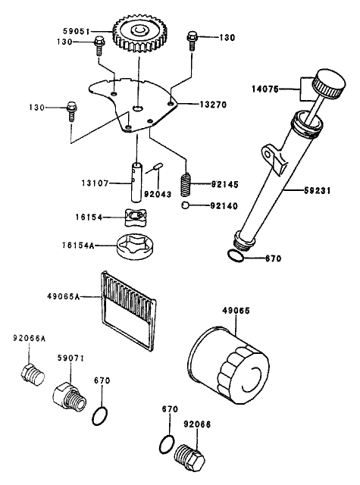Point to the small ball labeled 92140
click(x=185, y=205)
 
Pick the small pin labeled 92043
click(x=158, y=167)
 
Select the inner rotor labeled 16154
click(x=134, y=218)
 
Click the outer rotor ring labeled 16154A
click(x=134, y=246)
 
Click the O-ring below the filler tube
click(x=236, y=258)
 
